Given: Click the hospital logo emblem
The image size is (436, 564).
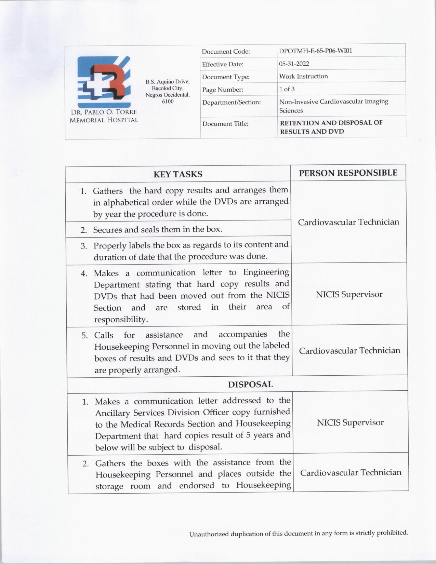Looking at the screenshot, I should (104, 82).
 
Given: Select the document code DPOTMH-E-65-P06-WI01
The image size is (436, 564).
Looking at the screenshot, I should (315, 51).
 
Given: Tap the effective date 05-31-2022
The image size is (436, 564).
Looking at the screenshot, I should (294, 64).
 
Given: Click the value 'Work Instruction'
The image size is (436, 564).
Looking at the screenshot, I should (303, 76).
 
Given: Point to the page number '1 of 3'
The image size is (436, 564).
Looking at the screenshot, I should (287, 89).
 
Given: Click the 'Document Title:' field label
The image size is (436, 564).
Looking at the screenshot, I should (225, 124).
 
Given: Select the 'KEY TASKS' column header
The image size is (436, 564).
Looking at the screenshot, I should (177, 174).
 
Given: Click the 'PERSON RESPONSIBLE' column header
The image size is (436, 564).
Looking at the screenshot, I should (348, 173).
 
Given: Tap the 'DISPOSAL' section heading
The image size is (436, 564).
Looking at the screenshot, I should (250, 385).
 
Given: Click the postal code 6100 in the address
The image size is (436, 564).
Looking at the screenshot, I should (168, 102).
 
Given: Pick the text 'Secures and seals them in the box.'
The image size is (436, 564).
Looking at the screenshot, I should (158, 229).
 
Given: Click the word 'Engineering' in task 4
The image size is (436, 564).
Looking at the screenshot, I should (266, 272).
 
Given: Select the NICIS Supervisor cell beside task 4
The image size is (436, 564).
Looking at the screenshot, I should (349, 294).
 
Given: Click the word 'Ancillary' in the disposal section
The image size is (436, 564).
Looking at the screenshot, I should (113, 413).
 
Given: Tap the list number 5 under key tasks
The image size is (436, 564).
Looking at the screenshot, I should (84, 335).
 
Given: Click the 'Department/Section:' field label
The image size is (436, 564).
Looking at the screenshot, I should (231, 102).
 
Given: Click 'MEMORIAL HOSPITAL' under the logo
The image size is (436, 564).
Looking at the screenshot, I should (104, 120).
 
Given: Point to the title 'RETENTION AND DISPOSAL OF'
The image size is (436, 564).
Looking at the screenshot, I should (331, 123).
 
